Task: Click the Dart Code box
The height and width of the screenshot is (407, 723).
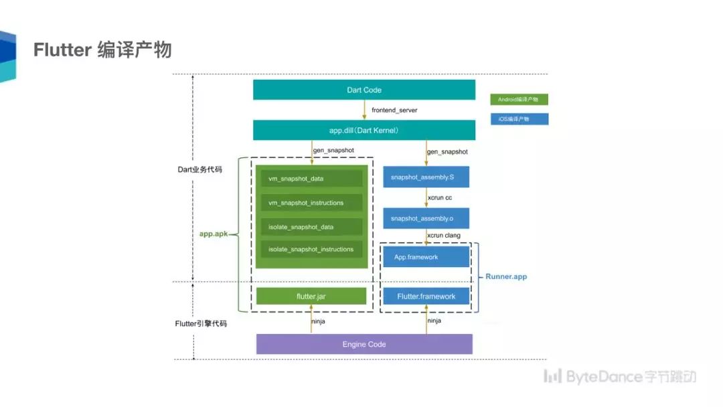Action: pyautogui.click(x=364, y=90)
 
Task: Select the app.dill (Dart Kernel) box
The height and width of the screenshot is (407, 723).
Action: pyautogui.click(x=364, y=131)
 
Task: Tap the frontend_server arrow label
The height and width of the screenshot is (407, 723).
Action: pyautogui.click(x=394, y=110)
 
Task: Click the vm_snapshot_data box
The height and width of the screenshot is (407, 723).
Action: pyautogui.click(x=311, y=178)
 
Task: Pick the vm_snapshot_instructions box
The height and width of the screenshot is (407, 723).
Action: pyautogui.click(x=311, y=203)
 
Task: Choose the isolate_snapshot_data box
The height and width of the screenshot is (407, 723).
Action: pyautogui.click(x=311, y=227)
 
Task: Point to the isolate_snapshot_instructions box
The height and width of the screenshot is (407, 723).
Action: pyautogui.click(x=311, y=250)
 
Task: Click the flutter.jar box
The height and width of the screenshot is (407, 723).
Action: pyautogui.click(x=311, y=297)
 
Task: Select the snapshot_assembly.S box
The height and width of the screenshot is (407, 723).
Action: pyautogui.click(x=426, y=177)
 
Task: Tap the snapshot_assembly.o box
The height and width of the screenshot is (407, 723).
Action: pyautogui.click(x=426, y=218)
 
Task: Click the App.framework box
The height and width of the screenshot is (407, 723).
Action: pyautogui.click(x=426, y=257)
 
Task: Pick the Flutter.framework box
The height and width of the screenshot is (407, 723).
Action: pyautogui.click(x=426, y=297)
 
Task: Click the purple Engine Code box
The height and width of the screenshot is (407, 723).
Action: pyautogui.click(x=364, y=344)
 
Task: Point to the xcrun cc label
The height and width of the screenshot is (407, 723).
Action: pyautogui.click(x=440, y=197)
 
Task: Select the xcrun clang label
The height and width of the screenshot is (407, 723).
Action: pyautogui.click(x=444, y=236)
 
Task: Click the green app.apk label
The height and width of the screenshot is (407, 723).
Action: pyautogui.click(x=214, y=234)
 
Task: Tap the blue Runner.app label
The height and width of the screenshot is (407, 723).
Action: pyautogui.click(x=506, y=276)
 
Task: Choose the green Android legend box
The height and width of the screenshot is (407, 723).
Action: pyautogui.click(x=519, y=100)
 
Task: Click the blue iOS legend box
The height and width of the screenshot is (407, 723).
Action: pyautogui.click(x=519, y=119)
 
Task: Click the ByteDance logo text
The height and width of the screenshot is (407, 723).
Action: pyautogui.click(x=619, y=377)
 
